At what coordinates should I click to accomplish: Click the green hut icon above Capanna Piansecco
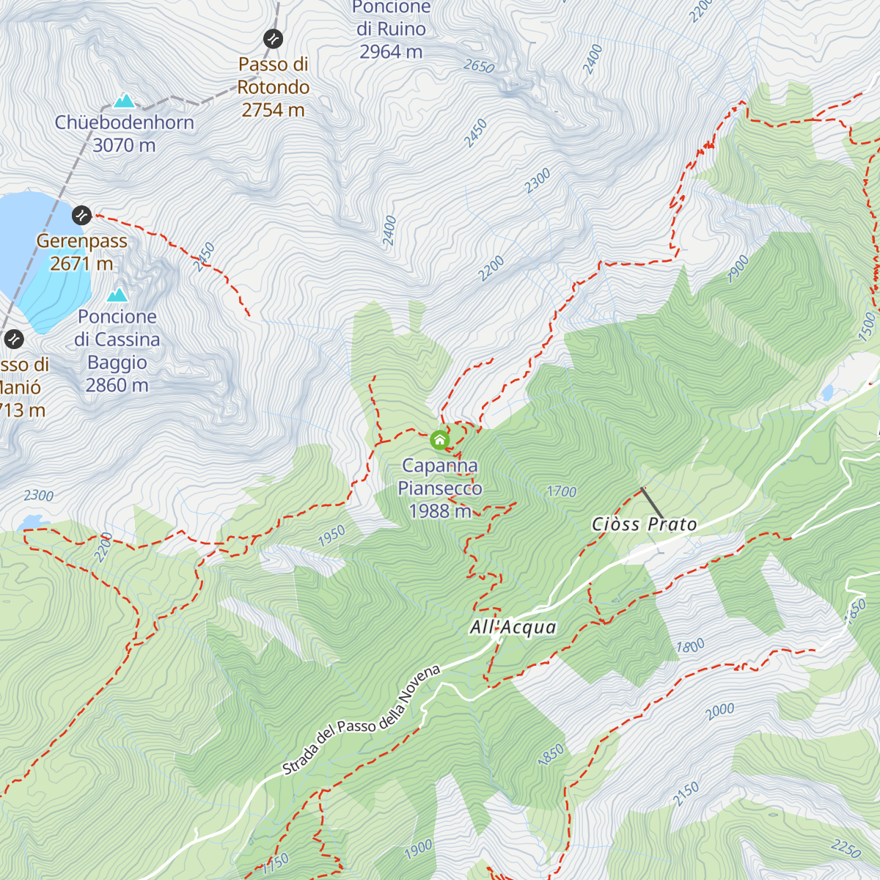point(439,440)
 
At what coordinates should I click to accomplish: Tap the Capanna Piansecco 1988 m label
point(440,488)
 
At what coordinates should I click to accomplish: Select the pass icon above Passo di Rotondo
point(273,38)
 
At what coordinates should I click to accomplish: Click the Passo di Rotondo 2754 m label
point(273,87)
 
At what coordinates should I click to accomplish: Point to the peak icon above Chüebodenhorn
point(125,100)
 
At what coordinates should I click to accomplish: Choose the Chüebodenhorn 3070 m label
point(125,133)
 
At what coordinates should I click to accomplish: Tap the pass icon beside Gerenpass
point(81,216)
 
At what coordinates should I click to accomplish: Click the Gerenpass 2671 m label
point(81,252)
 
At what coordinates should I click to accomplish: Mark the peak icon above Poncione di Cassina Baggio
point(117,295)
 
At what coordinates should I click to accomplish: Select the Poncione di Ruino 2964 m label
point(391,29)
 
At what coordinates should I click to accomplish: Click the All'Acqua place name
point(513,628)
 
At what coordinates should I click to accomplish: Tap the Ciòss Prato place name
point(644,524)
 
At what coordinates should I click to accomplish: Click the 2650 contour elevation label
point(479,67)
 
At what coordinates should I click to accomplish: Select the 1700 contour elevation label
point(562,491)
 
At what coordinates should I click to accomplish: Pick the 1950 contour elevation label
point(331,536)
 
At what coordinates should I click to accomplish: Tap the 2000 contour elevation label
point(719,709)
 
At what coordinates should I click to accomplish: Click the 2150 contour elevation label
point(686,794)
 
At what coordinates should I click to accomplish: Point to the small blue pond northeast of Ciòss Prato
point(827,393)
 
